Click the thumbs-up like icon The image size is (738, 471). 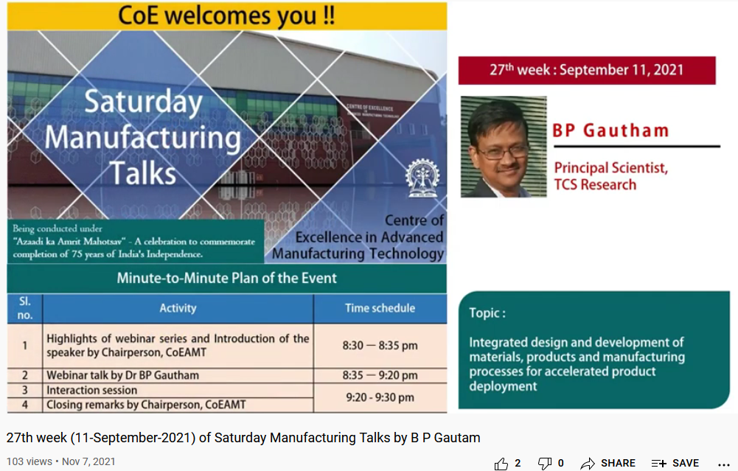pyautogui.click(x=501, y=463)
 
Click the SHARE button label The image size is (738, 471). pyautogui.click(x=617, y=463)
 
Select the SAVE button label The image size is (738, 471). pyautogui.click(x=685, y=463)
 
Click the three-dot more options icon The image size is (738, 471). pyautogui.click(x=723, y=464)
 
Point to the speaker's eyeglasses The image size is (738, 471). pyautogui.click(x=503, y=151)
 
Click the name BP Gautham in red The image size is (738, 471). pyautogui.click(x=611, y=131)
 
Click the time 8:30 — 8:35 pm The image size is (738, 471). pyautogui.click(x=380, y=345)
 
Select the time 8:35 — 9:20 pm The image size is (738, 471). pyautogui.click(x=380, y=375)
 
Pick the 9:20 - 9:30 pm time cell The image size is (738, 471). pyautogui.click(x=380, y=397)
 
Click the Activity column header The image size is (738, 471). pyautogui.click(x=178, y=308)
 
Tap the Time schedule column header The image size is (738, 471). pyautogui.click(x=380, y=308)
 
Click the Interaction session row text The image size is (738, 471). pyautogui.click(x=91, y=390)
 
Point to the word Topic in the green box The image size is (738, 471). pyautogui.click(x=487, y=313)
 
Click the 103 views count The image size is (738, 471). pyautogui.click(x=29, y=461)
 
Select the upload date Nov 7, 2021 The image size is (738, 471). pyautogui.click(x=88, y=461)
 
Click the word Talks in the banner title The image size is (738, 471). pyautogui.click(x=144, y=172)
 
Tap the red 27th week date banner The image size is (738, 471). pyautogui.click(x=587, y=71)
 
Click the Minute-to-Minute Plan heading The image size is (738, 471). pyautogui.click(x=226, y=278)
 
